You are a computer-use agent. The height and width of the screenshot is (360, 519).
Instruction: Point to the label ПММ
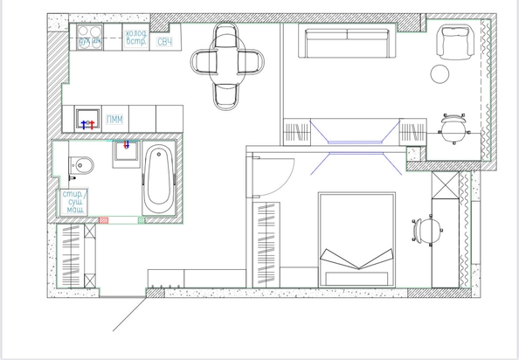(x=113, y=119)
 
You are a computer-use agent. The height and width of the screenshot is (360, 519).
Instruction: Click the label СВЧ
(x=164, y=42)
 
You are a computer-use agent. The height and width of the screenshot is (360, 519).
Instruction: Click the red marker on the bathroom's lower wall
(x=105, y=220)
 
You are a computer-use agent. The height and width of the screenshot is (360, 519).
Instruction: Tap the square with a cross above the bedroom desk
(x=446, y=184)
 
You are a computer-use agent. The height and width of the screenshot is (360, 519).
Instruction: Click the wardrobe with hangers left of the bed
(x=265, y=242)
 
